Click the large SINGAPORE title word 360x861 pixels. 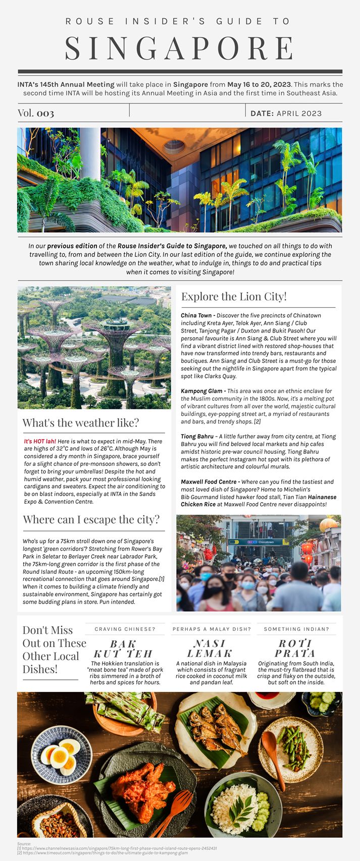pyautogui.click(x=180, y=48)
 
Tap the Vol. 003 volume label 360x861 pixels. pyautogui.click(x=36, y=113)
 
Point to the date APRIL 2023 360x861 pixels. pyautogui.click(x=299, y=114)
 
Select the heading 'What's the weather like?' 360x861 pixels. pyautogui.click(x=80, y=423)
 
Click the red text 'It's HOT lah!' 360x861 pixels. pyautogui.click(x=40, y=441)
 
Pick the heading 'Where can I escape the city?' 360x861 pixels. pyautogui.click(x=91, y=520)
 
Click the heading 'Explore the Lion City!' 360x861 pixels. pyautogui.click(x=234, y=296)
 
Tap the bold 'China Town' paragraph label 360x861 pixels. pyautogui.click(x=196, y=315)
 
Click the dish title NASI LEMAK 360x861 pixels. pyautogui.click(x=211, y=649)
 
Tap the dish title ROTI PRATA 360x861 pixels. pyautogui.click(x=296, y=649)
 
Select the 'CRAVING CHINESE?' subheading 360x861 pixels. pyautogui.click(x=125, y=629)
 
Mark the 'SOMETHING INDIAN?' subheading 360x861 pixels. pyautogui.click(x=296, y=629)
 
